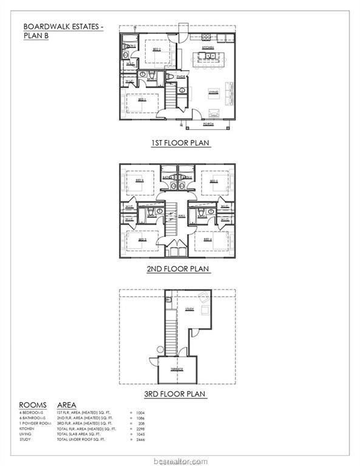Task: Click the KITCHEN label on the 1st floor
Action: tap(208, 47)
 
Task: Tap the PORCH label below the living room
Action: tap(209, 123)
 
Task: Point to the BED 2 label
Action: tap(157, 51)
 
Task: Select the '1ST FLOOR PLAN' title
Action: tap(180, 144)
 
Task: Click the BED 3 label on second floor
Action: tap(142, 239)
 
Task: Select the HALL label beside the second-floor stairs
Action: tap(182, 215)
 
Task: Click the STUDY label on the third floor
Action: tap(189, 309)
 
